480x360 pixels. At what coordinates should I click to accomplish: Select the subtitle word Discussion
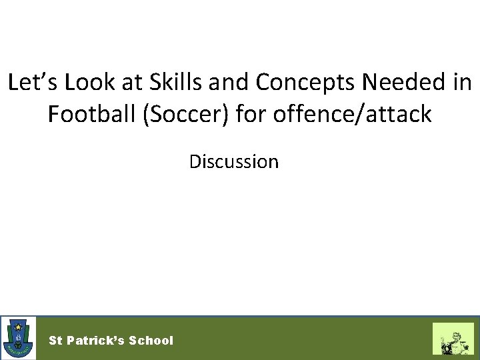point(233,161)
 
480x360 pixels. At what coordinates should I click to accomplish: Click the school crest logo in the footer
point(19,338)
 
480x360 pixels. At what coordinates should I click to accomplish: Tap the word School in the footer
point(151,341)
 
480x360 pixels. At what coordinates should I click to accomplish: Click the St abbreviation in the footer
point(55,341)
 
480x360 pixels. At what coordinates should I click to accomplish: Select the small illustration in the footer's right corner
point(453,339)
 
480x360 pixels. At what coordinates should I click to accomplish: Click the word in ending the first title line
point(462,83)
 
